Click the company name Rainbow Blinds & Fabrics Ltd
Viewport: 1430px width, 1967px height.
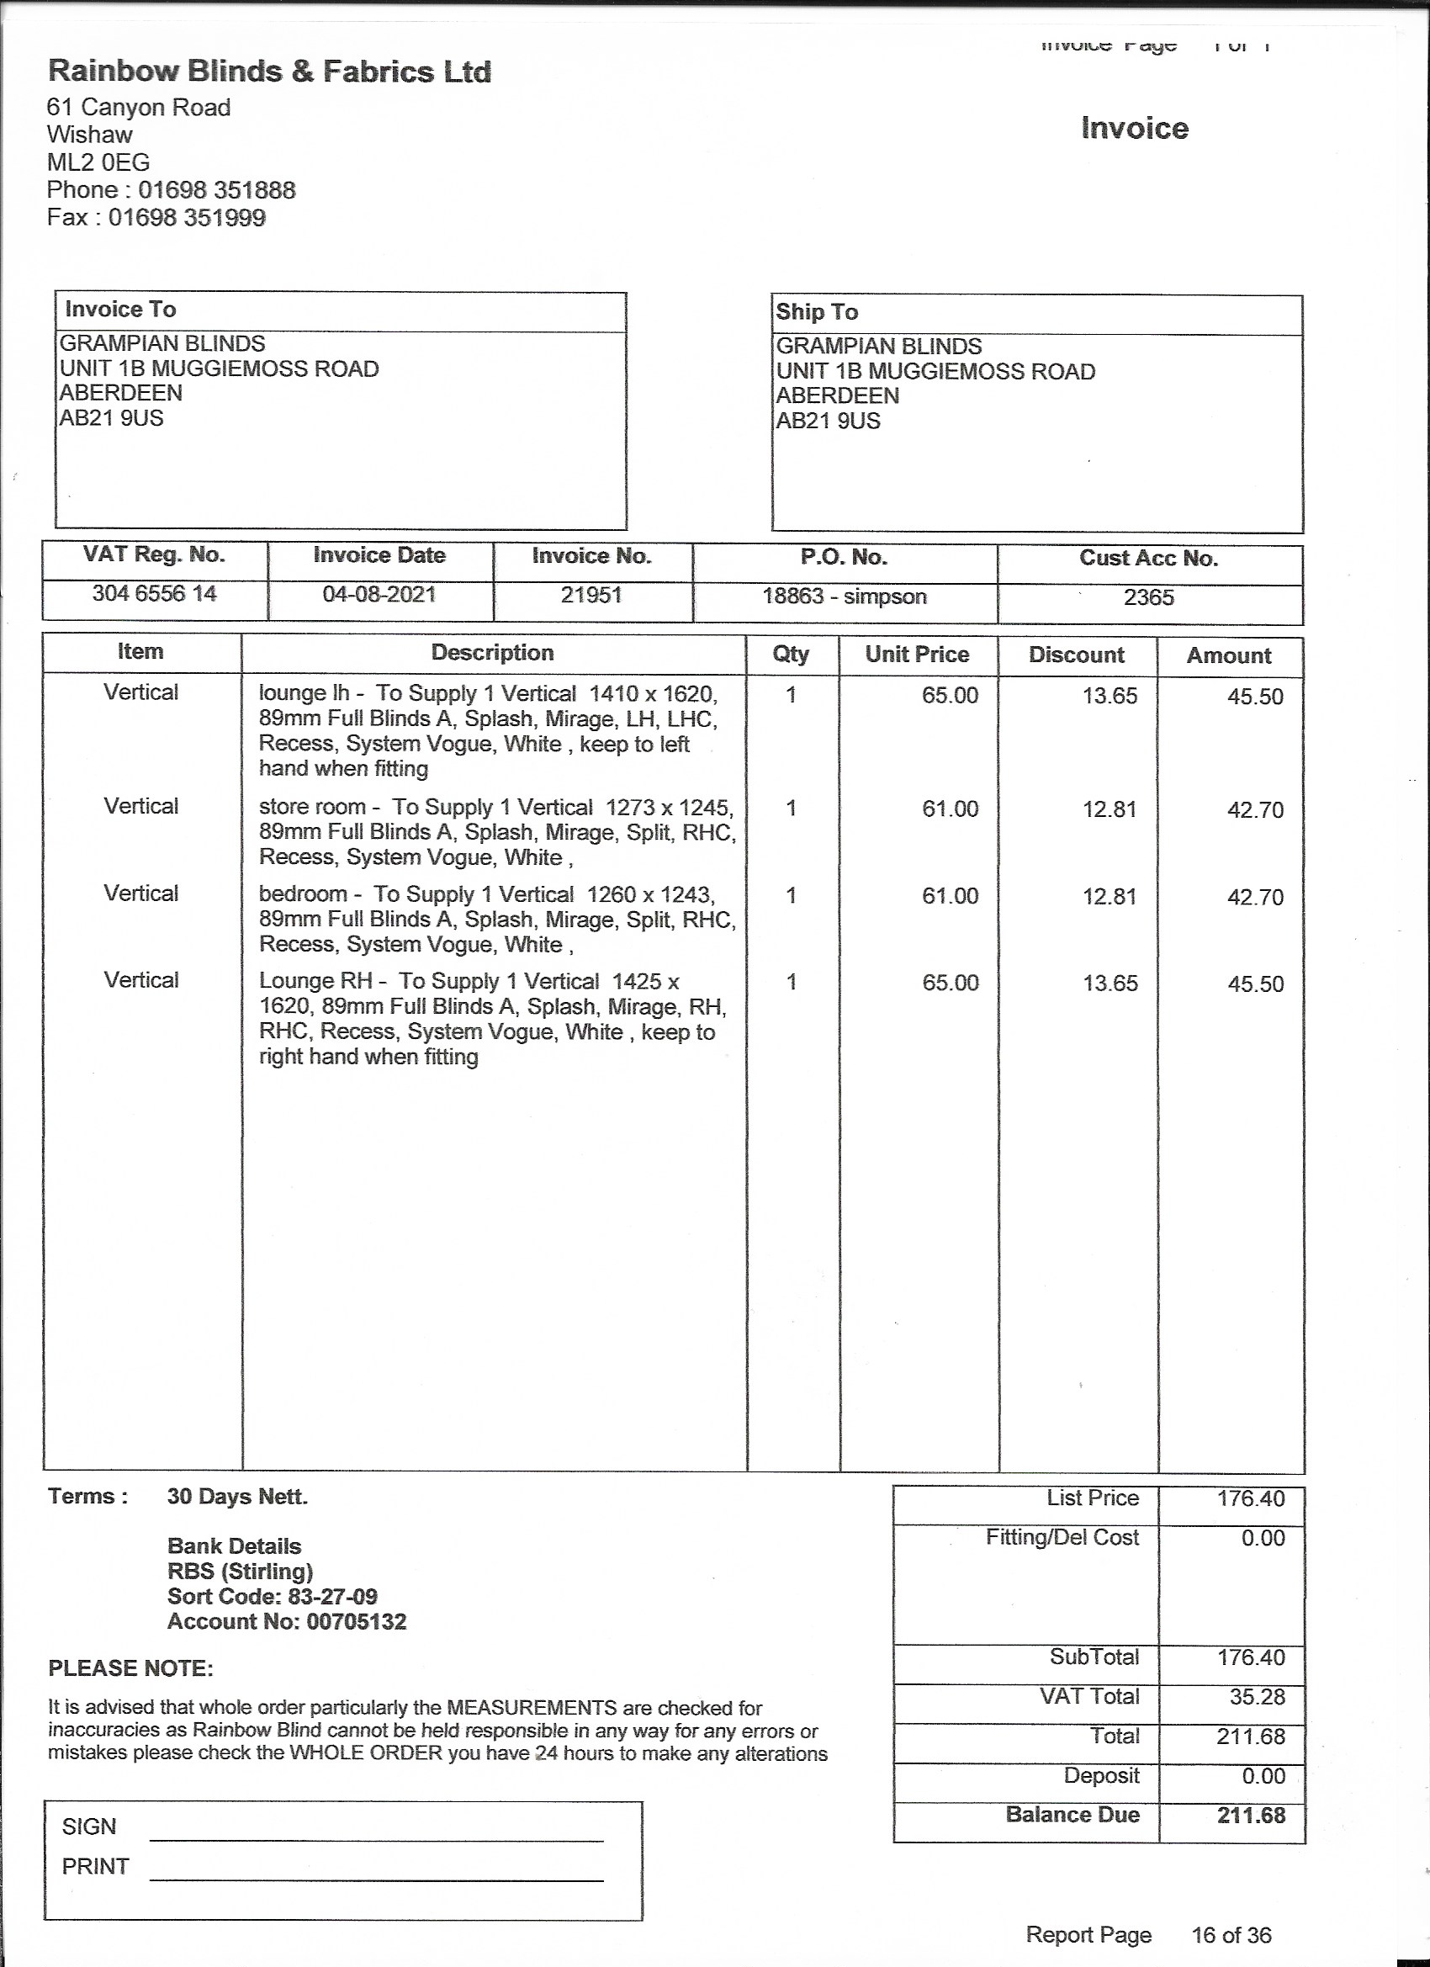coord(270,72)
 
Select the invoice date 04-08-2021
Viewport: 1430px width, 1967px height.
coord(379,595)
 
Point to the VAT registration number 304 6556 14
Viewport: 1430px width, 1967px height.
coord(155,594)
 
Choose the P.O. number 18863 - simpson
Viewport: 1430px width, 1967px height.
coord(844,596)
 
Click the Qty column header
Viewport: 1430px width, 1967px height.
coord(791,654)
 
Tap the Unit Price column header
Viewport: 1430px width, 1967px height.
coord(917,655)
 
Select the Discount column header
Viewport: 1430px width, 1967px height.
coord(1076,655)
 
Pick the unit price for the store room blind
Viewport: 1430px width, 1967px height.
coord(950,809)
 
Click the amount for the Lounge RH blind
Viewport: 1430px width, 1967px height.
coord(1255,984)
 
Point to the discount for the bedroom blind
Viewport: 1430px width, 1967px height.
coord(1110,897)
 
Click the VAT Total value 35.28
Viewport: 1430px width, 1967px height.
coord(1257,1697)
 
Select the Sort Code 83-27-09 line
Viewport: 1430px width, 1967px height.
coord(273,1597)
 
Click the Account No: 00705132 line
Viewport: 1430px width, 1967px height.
coord(286,1622)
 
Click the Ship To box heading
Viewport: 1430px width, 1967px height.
coord(817,312)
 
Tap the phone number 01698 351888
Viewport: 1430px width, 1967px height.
coord(217,190)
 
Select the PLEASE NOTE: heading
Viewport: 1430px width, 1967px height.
coord(130,1668)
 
